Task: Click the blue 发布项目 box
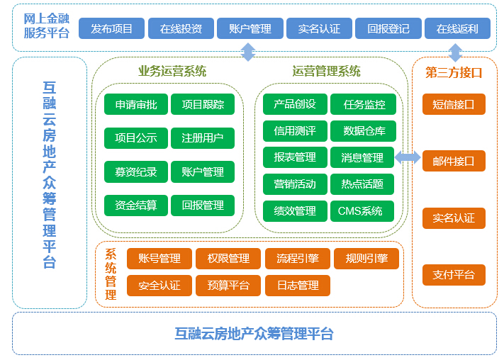point(111,28)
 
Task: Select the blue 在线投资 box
point(181,28)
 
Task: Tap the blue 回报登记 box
point(388,28)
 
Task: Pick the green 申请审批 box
point(136,104)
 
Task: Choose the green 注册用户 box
point(203,138)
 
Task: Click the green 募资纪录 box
point(136,171)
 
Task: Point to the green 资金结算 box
point(136,205)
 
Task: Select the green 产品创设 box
point(295,104)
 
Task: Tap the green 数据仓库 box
point(363,131)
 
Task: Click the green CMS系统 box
point(362,211)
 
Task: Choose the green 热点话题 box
point(362,184)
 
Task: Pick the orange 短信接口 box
point(454,104)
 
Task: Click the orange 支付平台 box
point(454,275)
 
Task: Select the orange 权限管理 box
point(228,259)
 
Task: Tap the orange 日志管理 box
point(298,286)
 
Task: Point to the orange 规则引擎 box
point(366,259)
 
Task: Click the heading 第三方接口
point(454,73)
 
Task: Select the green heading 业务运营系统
point(172,71)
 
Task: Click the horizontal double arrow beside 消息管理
point(408,157)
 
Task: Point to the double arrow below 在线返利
point(456,52)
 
